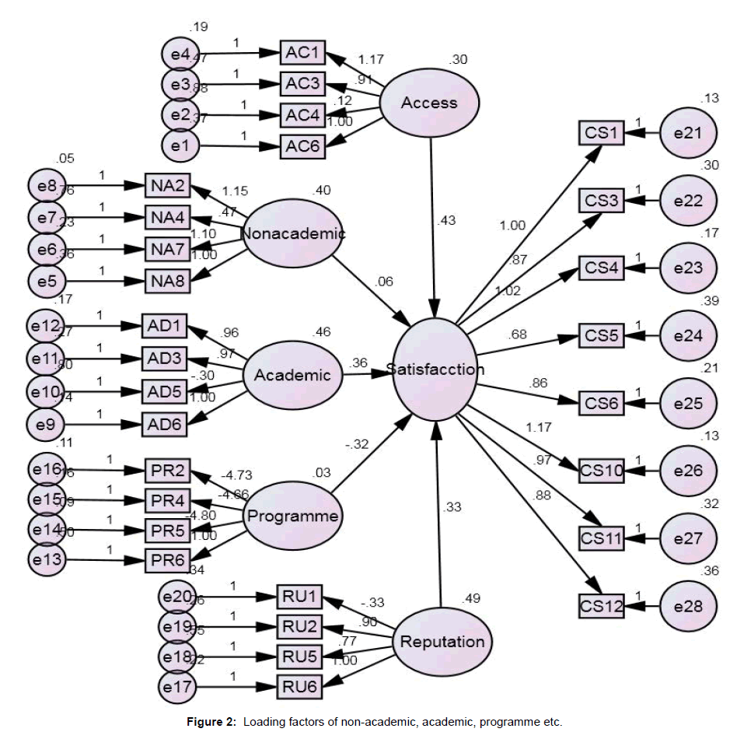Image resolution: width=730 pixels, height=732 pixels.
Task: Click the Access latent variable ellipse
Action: [429, 102]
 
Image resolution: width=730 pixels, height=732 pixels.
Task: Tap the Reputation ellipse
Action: [442, 642]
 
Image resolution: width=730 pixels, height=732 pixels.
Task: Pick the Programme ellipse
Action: [292, 516]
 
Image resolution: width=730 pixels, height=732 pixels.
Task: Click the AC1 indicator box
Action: [302, 53]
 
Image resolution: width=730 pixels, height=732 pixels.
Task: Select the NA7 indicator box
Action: [166, 249]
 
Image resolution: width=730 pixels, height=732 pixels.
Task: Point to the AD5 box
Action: [163, 391]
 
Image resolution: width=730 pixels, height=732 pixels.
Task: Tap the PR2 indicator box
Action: [166, 471]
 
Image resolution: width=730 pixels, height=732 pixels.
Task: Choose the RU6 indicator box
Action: [299, 686]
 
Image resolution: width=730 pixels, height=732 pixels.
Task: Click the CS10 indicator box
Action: [603, 470]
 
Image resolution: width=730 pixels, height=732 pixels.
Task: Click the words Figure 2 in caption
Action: [211, 722]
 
